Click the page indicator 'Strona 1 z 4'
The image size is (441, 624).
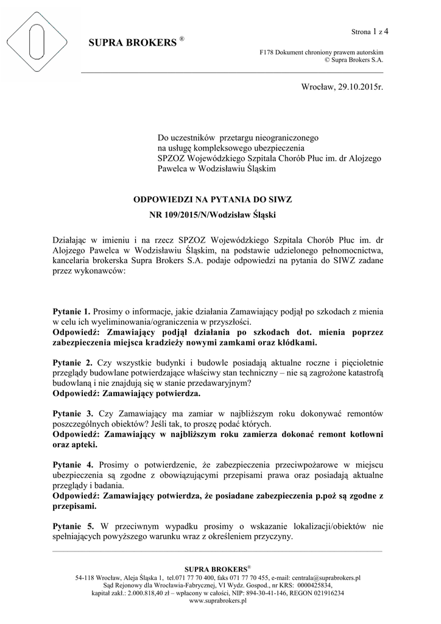tap(370, 31)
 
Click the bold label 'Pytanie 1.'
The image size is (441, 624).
tap(72, 311)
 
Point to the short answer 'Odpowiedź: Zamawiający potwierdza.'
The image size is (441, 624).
tap(127, 394)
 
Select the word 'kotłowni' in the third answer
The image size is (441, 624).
tap(365, 434)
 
